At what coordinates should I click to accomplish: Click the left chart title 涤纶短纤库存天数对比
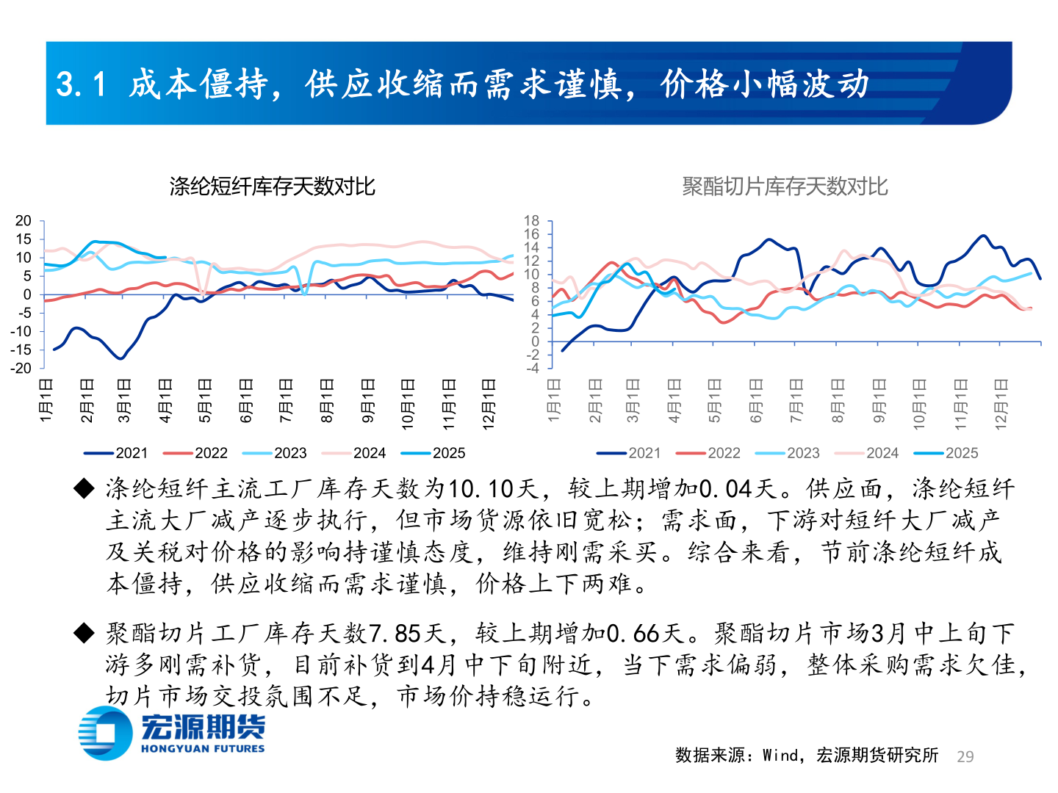(x=272, y=187)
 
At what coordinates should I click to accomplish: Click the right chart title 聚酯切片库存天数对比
(x=785, y=187)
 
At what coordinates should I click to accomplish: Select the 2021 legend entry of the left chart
(x=117, y=453)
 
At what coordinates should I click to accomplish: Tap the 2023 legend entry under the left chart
(x=276, y=453)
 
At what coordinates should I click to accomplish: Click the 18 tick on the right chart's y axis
(x=531, y=221)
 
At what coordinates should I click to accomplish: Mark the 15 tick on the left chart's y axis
(x=24, y=239)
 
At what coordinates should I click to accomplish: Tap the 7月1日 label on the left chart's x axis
(x=286, y=400)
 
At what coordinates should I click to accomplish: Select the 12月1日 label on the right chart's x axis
(x=1001, y=403)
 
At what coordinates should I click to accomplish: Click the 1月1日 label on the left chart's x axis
(x=46, y=400)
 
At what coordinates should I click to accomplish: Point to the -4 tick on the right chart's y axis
(x=533, y=368)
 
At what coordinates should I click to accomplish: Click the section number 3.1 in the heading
(x=82, y=84)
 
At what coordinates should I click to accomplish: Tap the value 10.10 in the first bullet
(x=480, y=489)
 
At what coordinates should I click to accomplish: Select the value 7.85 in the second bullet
(x=395, y=633)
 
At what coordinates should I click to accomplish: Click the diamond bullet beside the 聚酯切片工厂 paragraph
(x=84, y=633)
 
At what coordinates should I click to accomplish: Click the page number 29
(x=965, y=756)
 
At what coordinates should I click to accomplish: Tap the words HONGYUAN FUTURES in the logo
(x=203, y=749)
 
